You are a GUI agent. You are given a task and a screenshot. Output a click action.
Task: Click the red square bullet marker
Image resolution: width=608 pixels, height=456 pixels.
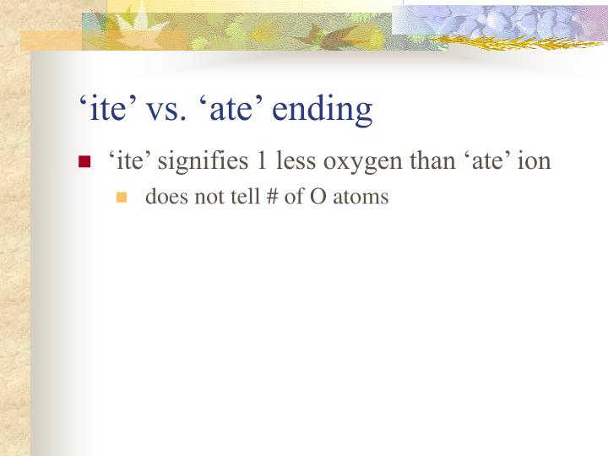coord(84,162)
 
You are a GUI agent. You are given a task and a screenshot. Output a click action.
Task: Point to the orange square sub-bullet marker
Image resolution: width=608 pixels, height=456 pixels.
coord(122,198)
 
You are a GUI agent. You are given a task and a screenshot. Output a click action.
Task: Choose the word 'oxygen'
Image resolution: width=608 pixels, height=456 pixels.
coord(355,161)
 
